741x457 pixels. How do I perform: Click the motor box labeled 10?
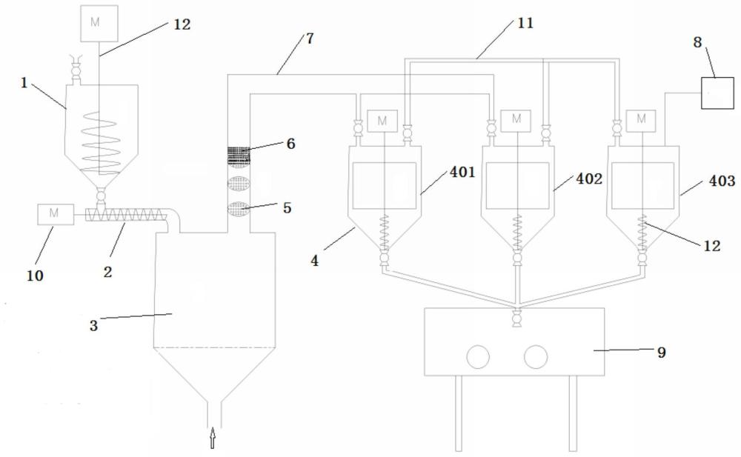[x=56, y=214]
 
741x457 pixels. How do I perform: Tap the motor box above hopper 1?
[x=99, y=23]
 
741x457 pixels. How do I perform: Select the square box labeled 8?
[x=717, y=93]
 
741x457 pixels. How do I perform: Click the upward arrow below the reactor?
[x=213, y=438]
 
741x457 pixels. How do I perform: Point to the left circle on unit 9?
[x=478, y=357]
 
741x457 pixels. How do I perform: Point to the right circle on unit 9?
[x=536, y=357]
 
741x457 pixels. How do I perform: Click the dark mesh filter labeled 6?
[x=239, y=155]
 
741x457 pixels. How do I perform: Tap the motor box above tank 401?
[x=382, y=121]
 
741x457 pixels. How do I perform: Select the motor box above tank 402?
[x=516, y=121]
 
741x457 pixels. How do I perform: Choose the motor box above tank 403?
[x=641, y=121]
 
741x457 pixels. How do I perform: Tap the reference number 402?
[x=589, y=179]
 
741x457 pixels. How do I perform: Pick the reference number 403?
[x=722, y=181]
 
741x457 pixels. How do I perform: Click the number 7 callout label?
[x=310, y=39]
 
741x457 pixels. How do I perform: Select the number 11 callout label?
[x=525, y=23]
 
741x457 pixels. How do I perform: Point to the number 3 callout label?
[x=93, y=326]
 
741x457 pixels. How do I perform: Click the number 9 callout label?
[x=662, y=352]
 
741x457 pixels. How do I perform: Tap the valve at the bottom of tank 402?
[x=518, y=258]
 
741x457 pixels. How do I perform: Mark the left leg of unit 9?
[x=459, y=413]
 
